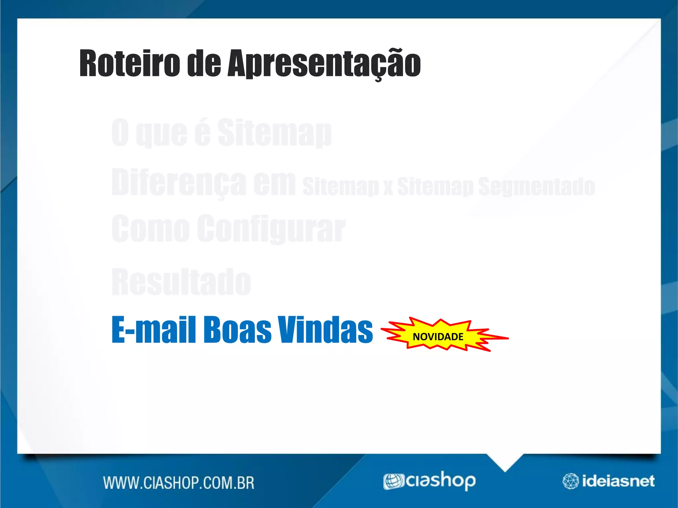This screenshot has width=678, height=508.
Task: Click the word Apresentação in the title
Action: click(324, 63)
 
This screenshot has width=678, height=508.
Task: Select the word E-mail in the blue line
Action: click(154, 330)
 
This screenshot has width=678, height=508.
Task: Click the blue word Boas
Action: click(237, 330)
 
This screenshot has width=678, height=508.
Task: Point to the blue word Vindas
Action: click(325, 330)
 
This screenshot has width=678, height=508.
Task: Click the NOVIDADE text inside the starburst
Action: click(438, 337)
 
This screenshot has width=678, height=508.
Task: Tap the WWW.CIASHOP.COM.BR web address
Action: click(179, 483)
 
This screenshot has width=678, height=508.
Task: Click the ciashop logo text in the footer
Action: click(441, 481)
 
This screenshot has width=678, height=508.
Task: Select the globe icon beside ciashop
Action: click(394, 481)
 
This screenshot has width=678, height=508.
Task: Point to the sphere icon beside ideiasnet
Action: click(570, 481)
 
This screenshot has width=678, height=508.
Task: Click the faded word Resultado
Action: click(181, 282)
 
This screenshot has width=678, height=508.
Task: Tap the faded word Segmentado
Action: click(536, 186)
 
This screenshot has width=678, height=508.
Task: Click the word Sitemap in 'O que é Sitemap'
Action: click(274, 133)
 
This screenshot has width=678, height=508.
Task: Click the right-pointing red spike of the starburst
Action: click(500, 338)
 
